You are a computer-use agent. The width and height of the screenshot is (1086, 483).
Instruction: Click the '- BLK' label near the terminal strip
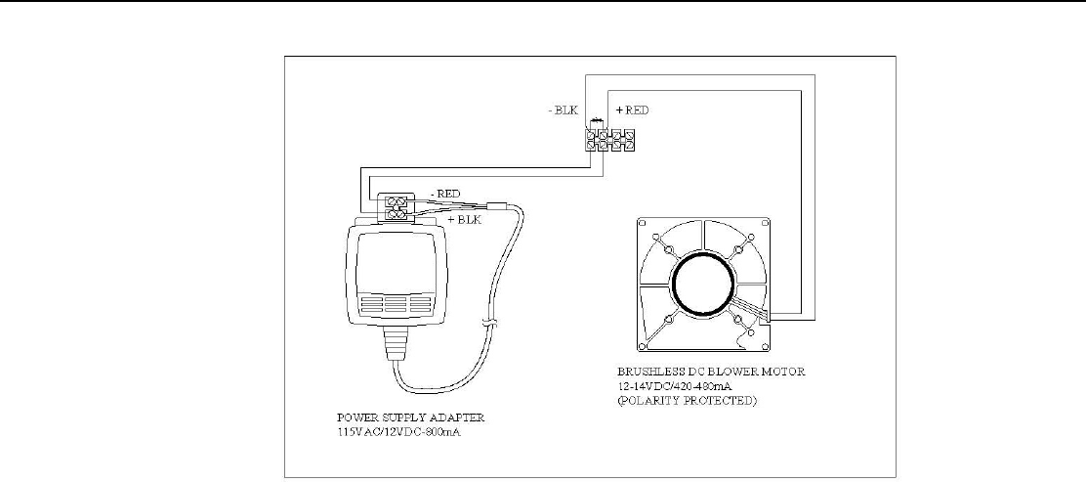click(564, 110)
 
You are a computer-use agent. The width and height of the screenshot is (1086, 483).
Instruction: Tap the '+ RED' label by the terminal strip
click(632, 110)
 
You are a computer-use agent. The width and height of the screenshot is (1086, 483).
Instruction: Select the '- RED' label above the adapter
click(444, 194)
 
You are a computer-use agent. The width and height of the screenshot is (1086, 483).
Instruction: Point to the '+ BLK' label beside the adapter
click(464, 220)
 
